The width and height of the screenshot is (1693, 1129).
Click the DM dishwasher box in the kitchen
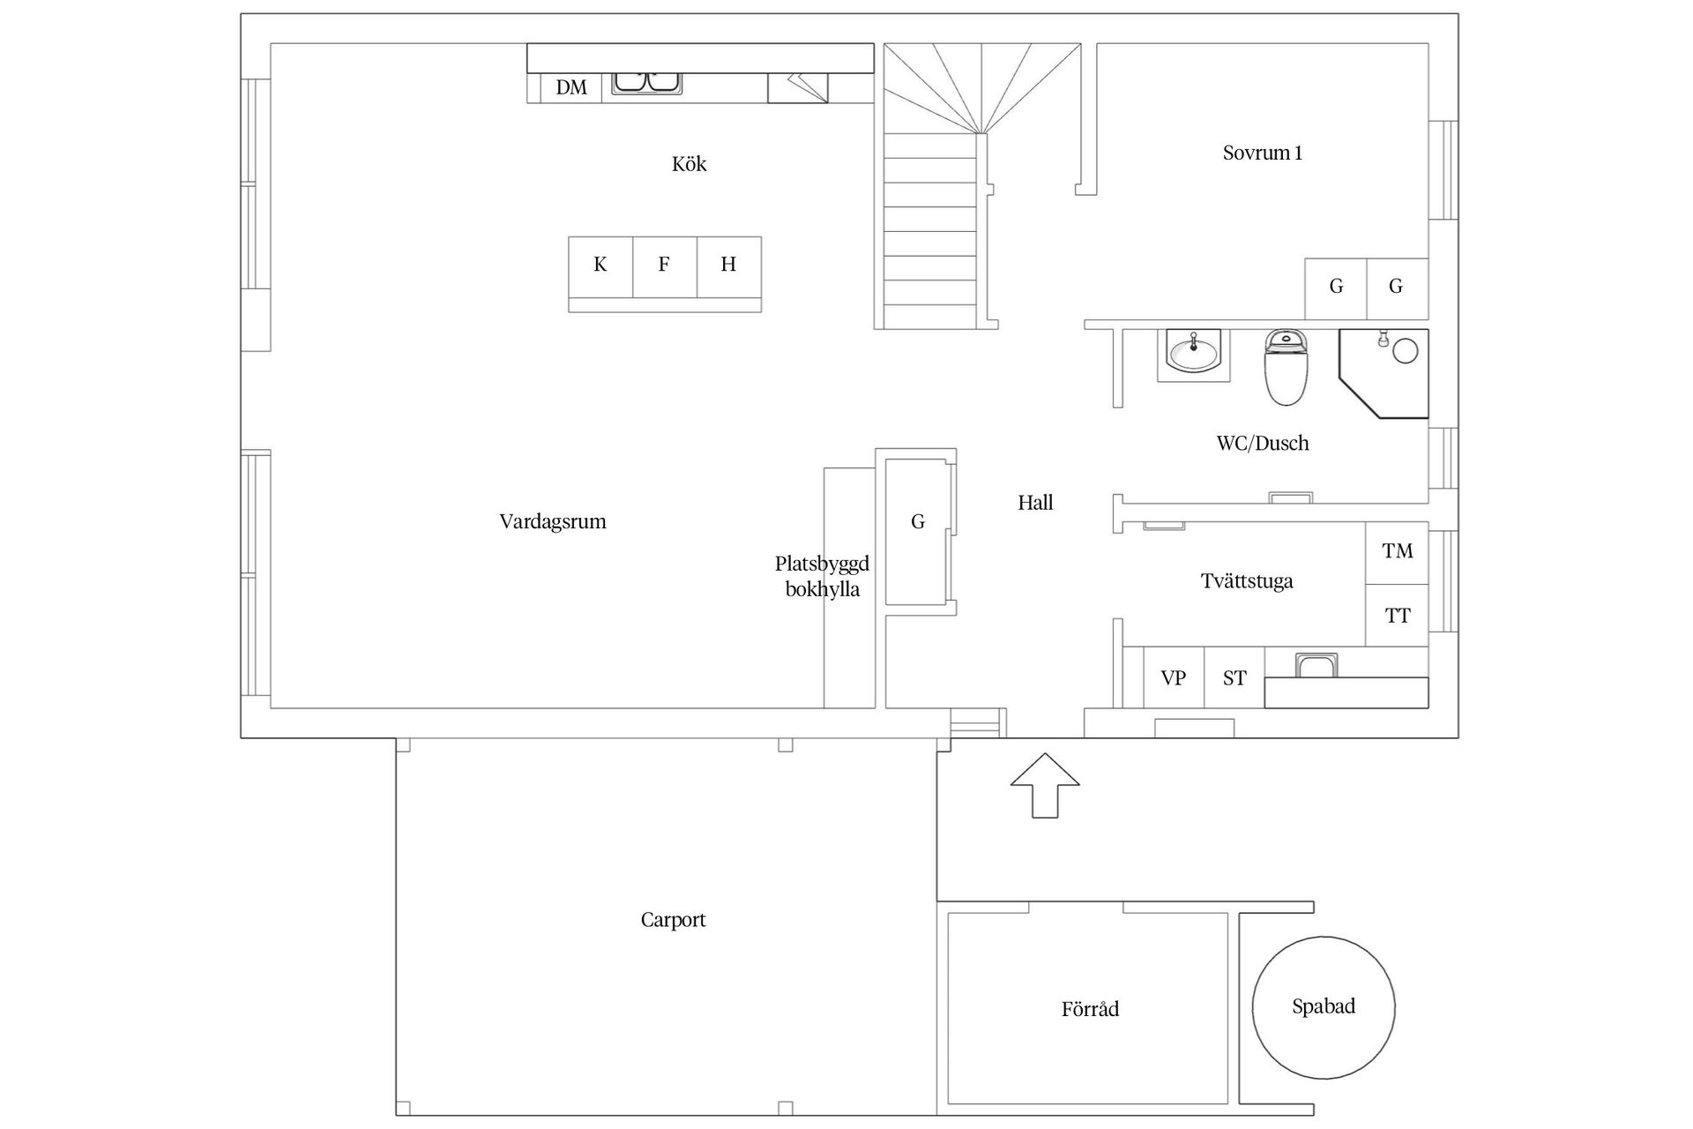[571, 87]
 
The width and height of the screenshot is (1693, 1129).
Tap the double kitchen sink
[647, 82]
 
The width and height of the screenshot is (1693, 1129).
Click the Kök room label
[690, 164]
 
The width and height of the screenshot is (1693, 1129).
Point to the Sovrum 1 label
[1263, 153]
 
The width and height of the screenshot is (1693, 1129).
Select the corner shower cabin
[1383, 373]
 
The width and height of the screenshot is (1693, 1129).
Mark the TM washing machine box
[1398, 552]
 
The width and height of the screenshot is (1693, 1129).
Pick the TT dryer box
[1398, 616]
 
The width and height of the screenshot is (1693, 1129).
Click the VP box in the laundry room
[1174, 677]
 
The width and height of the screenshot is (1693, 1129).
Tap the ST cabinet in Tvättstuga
[1234, 677]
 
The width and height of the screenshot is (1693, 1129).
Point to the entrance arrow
[1045, 785]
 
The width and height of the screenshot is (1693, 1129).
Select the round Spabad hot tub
[1324, 1007]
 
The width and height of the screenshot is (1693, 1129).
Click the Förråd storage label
[1090, 1009]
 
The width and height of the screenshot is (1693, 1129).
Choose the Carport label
[673, 920]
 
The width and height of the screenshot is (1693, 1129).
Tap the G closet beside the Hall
[918, 522]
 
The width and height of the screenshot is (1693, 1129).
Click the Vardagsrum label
[553, 521]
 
